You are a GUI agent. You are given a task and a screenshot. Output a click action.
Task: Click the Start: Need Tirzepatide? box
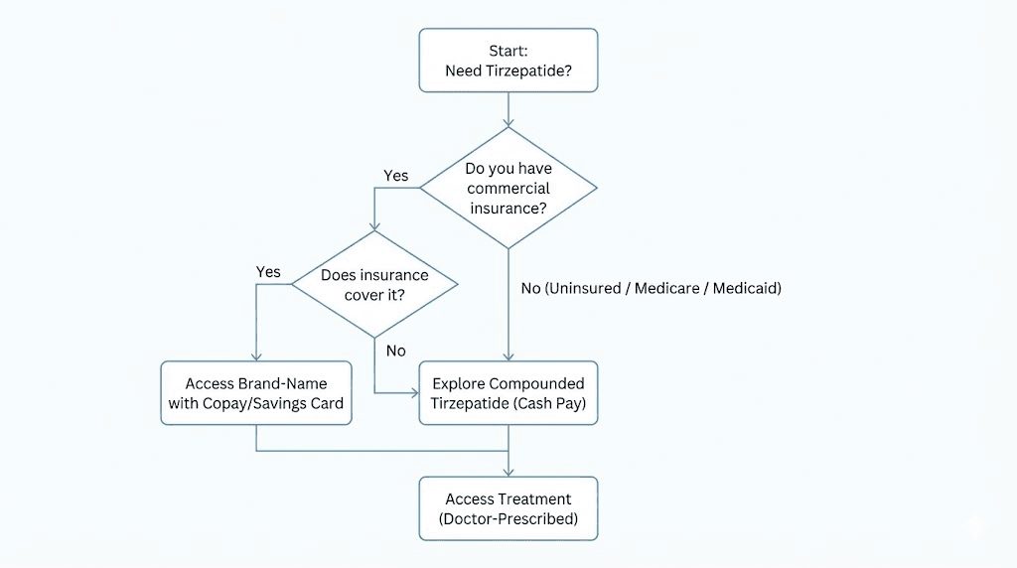coord(508,61)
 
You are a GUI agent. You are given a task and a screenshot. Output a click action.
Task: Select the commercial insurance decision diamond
coord(508,188)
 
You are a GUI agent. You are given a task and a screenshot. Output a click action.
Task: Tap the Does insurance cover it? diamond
coord(374,284)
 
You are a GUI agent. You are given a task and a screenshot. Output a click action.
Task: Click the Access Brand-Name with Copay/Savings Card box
coord(256,393)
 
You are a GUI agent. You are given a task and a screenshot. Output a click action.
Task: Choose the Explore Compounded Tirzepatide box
coord(508,393)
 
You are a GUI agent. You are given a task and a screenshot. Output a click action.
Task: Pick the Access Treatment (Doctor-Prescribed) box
coord(508,508)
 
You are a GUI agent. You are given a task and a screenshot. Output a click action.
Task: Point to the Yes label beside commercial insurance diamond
coord(395,176)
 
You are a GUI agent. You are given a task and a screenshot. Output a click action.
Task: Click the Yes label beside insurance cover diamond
coord(268,272)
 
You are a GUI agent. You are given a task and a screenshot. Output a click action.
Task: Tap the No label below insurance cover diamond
coord(395,351)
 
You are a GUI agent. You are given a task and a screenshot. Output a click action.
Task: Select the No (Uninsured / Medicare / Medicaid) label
coord(651,289)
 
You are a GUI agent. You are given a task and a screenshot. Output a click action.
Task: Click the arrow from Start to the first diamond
coord(508,109)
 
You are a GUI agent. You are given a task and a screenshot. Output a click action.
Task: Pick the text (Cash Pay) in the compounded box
coord(552,403)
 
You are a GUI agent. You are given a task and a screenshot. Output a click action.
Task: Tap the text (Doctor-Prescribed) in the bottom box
coord(508,518)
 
